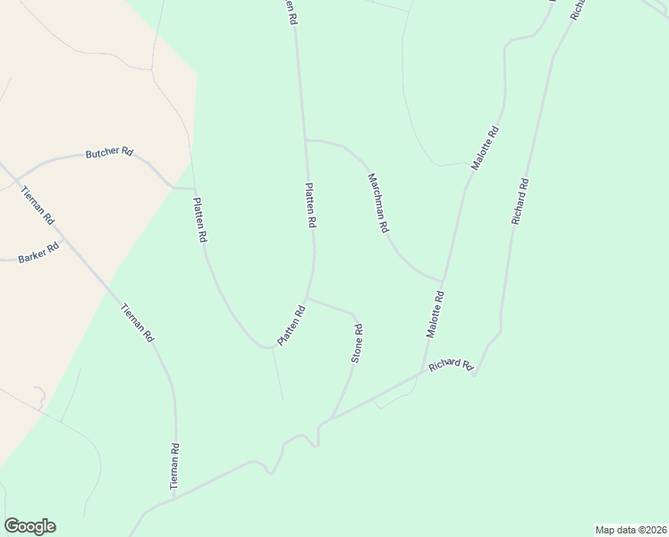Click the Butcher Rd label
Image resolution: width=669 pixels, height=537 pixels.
(109, 153)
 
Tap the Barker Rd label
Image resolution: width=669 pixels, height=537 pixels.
(38, 253)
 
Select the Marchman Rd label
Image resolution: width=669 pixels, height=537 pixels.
(377, 203)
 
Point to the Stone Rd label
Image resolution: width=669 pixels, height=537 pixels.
(357, 343)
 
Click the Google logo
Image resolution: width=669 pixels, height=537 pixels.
(30, 526)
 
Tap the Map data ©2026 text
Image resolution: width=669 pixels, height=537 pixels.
(630, 529)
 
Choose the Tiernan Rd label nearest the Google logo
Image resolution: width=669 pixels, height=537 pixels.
(176, 465)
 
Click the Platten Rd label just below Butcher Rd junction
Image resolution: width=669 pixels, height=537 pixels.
(200, 221)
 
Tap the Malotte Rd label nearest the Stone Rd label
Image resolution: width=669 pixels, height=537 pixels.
(434, 314)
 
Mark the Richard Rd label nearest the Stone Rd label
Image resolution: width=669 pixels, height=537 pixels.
(450, 365)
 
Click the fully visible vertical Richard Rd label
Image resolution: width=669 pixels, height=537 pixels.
(520, 202)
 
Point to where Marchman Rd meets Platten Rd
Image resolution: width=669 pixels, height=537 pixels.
(306, 140)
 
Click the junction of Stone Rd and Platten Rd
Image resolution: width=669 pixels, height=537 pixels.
(308, 299)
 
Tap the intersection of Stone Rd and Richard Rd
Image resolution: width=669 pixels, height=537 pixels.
(332, 417)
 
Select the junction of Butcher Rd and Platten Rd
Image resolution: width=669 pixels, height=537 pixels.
(194, 189)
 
